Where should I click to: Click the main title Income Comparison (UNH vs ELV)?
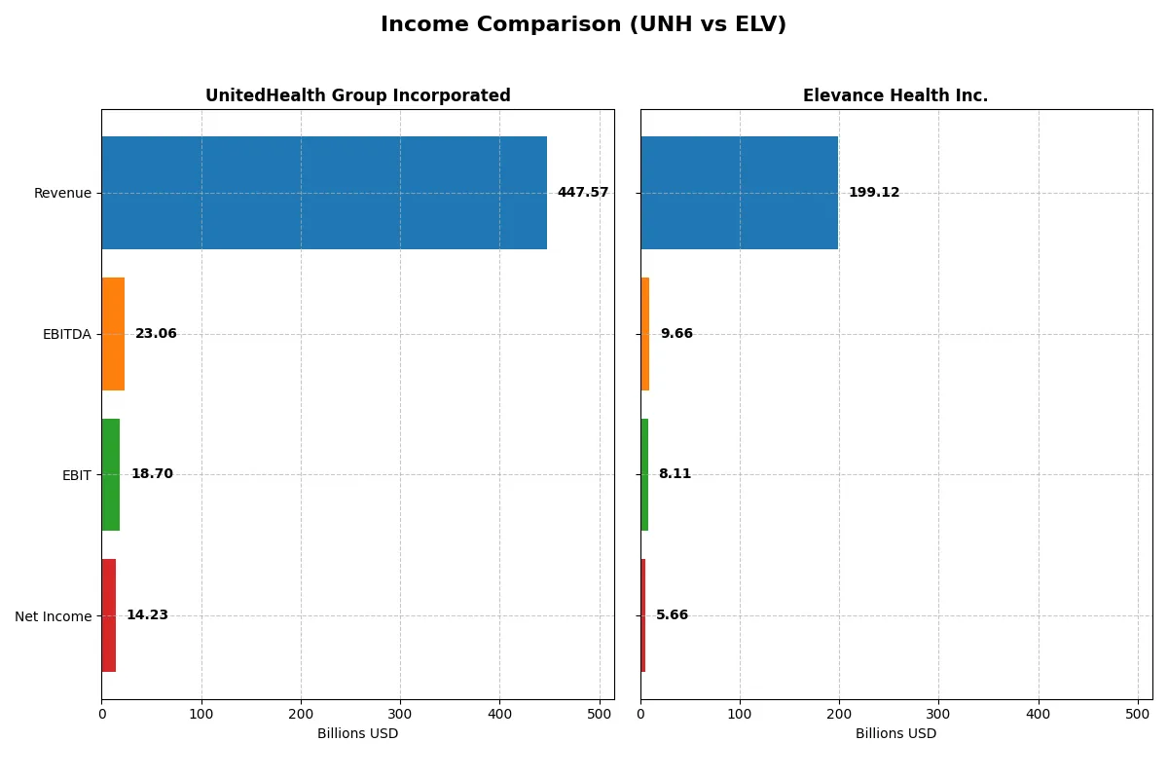pyautogui.click(x=583, y=24)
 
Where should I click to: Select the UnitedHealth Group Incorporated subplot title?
pyautogui.click(x=357, y=95)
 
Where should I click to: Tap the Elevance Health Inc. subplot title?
pyautogui.click(x=894, y=95)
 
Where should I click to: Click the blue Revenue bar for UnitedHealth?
pyautogui.click(x=324, y=193)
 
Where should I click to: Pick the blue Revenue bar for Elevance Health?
pyautogui.click(x=739, y=193)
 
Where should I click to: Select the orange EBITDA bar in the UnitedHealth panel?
pyautogui.click(x=113, y=334)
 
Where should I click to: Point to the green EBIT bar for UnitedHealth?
pyautogui.click(x=111, y=474)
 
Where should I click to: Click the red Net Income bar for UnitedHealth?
pyautogui.click(x=109, y=615)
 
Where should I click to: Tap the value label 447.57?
pyautogui.click(x=582, y=193)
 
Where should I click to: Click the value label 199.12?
pyautogui.click(x=873, y=193)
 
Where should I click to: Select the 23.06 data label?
pyautogui.click(x=156, y=334)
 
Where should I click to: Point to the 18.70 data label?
pyautogui.click(x=152, y=474)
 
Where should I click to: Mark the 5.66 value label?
pyautogui.click(x=672, y=615)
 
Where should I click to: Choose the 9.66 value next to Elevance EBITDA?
pyautogui.click(x=675, y=334)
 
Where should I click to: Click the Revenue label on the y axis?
pyautogui.click(x=62, y=193)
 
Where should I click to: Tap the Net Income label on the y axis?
pyautogui.click(x=53, y=616)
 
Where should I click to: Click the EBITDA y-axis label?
pyautogui.click(x=66, y=334)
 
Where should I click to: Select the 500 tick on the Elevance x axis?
pyautogui.click(x=1138, y=714)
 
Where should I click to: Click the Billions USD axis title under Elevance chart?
pyautogui.click(x=895, y=734)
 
